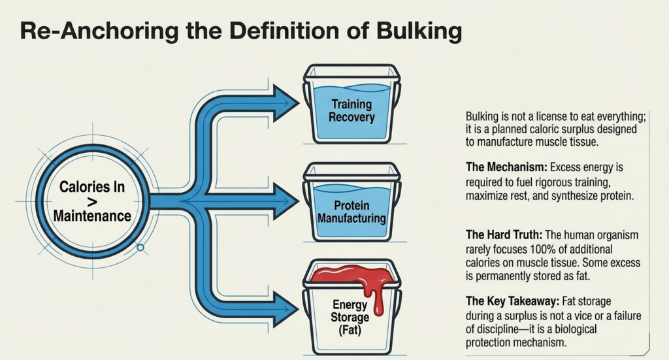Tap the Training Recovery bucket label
click(351, 111)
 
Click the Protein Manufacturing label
click(351, 212)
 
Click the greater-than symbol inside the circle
click(91, 201)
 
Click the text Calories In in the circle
click(91, 188)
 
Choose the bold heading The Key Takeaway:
click(509, 302)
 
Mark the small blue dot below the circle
click(140, 248)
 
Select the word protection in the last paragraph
click(491, 342)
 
